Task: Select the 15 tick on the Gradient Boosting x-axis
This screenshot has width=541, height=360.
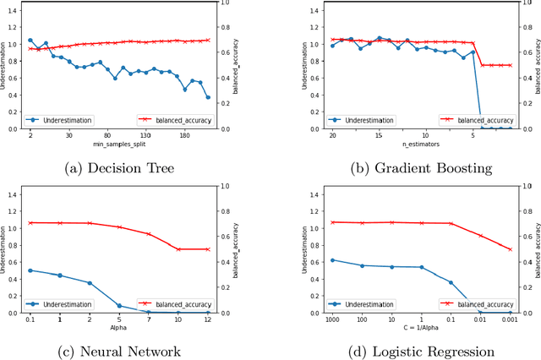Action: pos(379,135)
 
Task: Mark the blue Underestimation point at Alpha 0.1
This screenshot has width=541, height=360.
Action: pos(30,270)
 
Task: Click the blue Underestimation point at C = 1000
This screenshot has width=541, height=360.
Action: pos(332,260)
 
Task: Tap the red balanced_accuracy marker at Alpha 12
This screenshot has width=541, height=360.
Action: pos(208,249)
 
